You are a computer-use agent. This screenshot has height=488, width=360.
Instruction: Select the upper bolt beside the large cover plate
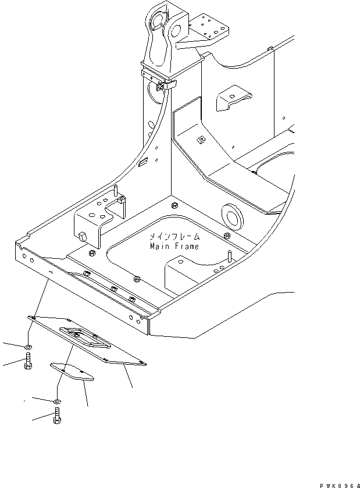(x=28, y=362)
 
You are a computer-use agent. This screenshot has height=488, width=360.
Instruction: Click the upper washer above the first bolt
(x=28, y=348)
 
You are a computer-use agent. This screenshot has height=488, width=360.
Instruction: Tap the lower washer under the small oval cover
(x=56, y=401)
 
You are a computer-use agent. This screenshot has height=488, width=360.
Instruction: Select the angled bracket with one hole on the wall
(x=231, y=98)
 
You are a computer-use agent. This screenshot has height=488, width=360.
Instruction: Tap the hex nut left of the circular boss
(x=174, y=205)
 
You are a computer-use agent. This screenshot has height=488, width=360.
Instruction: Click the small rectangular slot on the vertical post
(x=142, y=165)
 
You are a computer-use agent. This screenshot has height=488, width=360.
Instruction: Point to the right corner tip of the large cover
(x=145, y=365)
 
